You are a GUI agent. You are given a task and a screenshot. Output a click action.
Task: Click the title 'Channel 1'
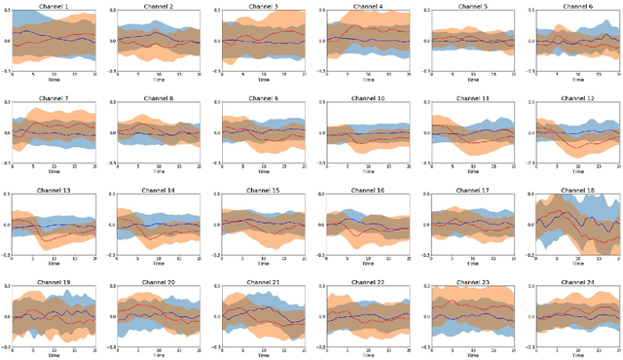pos(54,6)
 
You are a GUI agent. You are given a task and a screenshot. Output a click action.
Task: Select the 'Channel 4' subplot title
pos(367,6)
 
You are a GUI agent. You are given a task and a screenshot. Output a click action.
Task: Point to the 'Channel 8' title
pos(158,98)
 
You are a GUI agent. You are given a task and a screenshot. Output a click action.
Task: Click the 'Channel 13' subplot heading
pos(54,191)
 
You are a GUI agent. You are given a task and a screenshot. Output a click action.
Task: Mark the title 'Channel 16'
pos(367,191)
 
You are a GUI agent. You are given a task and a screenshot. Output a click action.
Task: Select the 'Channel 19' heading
pos(54,283)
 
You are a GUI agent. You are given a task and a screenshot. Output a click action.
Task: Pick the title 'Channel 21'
pos(263,283)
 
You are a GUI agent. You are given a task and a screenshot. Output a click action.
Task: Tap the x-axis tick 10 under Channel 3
pos(263,74)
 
